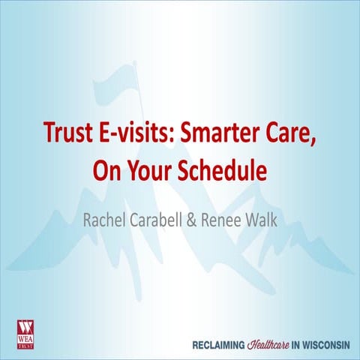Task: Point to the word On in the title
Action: pos(105,171)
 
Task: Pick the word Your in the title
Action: pos(148,171)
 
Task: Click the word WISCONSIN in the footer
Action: pos(320,328)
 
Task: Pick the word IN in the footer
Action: pos(289,328)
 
